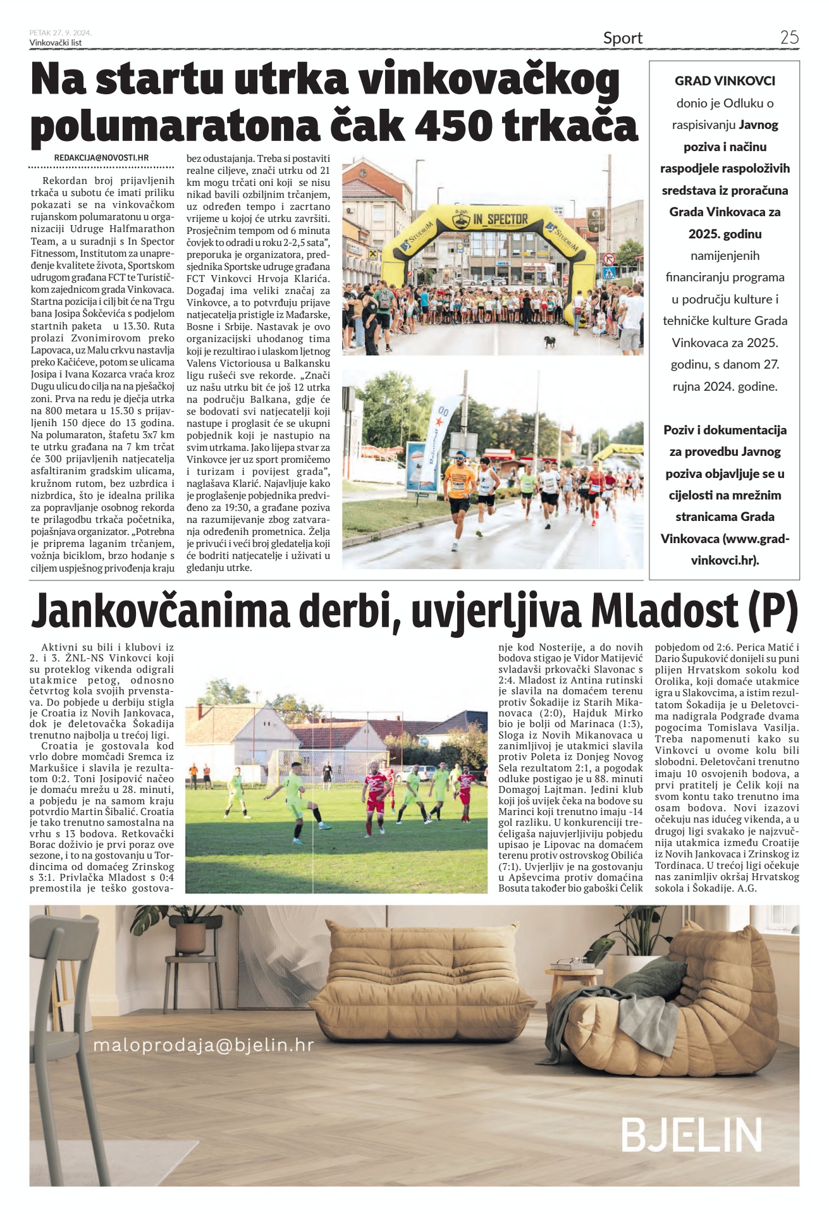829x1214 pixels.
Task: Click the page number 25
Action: point(789,37)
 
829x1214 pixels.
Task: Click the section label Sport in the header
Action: point(622,39)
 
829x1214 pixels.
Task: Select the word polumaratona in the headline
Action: point(175,126)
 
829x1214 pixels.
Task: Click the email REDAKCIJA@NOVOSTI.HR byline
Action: point(101,157)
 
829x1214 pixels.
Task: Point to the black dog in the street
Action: point(550,341)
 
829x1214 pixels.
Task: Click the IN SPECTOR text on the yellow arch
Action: point(500,219)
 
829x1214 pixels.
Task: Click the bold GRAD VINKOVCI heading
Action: point(725,81)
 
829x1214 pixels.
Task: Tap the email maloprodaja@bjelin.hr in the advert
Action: point(203,1045)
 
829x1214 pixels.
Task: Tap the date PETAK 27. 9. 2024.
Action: point(60,33)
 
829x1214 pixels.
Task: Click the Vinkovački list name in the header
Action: point(56,42)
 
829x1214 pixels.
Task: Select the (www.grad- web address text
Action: point(756,539)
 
